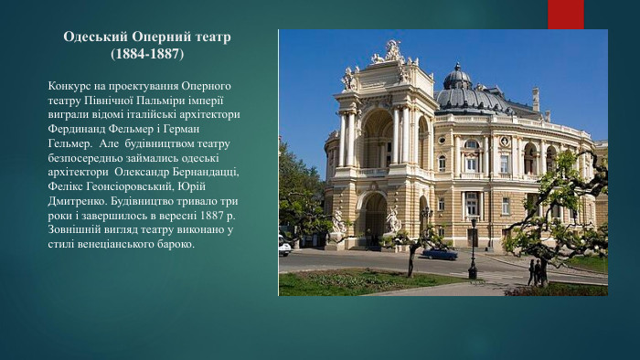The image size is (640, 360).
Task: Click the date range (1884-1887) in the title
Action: click(x=146, y=55)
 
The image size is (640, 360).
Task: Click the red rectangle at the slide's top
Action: click(x=565, y=14)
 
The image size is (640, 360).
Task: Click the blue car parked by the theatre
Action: click(x=440, y=253)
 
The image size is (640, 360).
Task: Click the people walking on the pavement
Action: click(x=537, y=271)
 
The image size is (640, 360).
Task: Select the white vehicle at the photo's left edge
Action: click(x=283, y=245)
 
